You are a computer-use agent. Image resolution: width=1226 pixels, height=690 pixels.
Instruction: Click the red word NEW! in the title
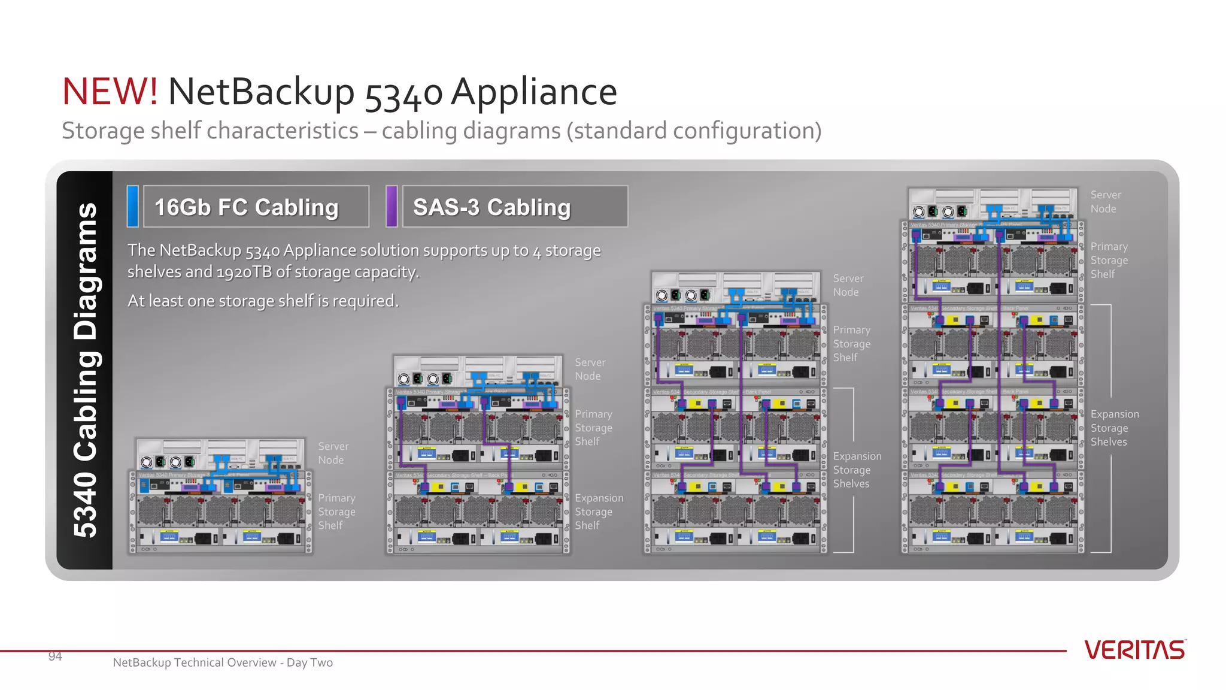(110, 92)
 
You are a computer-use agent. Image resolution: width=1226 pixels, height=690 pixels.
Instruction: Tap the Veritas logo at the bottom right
(1134, 650)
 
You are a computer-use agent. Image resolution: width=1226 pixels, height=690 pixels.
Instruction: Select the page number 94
(55, 656)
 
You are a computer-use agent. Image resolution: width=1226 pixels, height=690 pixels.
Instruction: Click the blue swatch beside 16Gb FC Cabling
(133, 206)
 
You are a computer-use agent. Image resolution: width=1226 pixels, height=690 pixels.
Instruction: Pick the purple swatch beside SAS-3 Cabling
(392, 206)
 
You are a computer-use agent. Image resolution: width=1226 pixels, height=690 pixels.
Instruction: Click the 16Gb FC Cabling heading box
(256, 207)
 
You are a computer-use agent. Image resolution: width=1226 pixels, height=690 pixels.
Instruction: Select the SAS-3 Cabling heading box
(515, 207)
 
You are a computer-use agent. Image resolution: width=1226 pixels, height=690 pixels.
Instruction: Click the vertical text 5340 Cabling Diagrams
(85, 370)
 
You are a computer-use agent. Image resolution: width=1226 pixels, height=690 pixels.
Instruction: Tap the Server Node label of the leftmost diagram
(333, 453)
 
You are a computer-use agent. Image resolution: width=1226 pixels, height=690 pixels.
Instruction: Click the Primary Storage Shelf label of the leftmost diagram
(336, 512)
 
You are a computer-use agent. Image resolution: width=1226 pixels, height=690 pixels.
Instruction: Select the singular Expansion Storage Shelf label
(599, 512)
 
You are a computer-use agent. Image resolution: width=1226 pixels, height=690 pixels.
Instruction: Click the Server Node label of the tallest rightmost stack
(1105, 202)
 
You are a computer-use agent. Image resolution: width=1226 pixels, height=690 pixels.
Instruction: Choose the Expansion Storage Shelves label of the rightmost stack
(1114, 428)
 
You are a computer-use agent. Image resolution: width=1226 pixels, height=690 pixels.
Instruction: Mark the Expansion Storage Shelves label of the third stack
(857, 470)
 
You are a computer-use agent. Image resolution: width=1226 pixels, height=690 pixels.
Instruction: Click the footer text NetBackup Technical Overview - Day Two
(223, 662)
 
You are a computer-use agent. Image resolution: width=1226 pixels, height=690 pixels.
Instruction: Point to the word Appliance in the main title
(533, 92)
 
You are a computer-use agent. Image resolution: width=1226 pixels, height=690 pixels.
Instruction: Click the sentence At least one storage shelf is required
(263, 301)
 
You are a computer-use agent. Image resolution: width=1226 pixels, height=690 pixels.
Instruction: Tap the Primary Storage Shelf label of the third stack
(851, 344)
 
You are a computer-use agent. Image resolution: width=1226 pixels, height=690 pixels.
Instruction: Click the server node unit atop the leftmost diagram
(220, 454)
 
